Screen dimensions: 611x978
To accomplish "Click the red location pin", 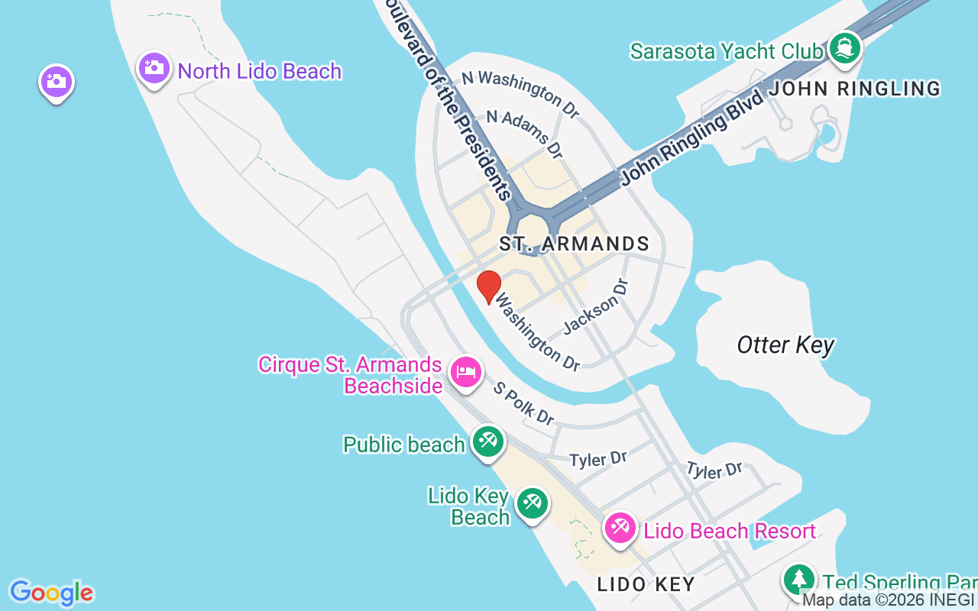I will click(488, 286).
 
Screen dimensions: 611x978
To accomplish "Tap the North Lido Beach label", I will click(259, 72).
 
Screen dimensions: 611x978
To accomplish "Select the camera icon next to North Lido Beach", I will click(154, 68).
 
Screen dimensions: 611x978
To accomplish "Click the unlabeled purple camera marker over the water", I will click(56, 81).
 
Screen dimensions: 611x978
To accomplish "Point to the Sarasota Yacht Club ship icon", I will click(844, 47).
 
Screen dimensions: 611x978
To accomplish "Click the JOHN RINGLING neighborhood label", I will click(854, 89).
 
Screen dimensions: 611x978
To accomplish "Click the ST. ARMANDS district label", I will click(574, 244).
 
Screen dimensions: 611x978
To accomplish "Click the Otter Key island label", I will click(785, 345).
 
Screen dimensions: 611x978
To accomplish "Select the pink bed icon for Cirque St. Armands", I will click(466, 372).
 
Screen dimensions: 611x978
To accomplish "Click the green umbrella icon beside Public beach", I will click(487, 441).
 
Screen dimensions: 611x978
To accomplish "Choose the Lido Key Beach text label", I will click(468, 506).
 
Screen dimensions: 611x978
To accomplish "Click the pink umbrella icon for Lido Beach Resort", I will click(620, 528).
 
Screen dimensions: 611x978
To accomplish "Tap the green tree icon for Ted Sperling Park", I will click(799, 578).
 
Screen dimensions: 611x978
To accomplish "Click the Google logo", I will click(51, 593).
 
